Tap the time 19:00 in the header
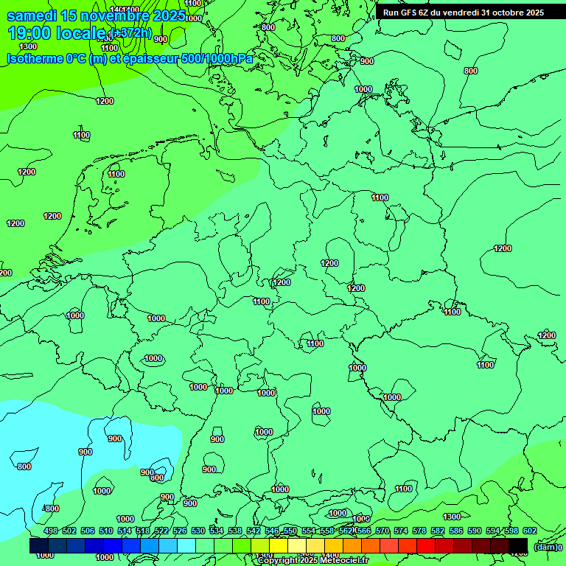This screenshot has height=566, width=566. coord(29,33)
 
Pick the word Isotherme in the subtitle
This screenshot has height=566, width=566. coord(34,58)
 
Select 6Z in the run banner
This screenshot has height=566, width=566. coord(427,13)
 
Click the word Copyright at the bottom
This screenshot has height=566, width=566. coord(279,561)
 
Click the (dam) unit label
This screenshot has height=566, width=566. coord(545,547)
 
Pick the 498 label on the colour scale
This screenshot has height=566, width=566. coord(51,531)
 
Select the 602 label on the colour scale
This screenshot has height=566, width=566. coord(529,531)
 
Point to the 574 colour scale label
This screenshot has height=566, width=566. coord(401,531)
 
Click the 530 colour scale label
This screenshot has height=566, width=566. coord(198,531)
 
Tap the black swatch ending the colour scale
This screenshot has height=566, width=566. coord(518,545)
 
